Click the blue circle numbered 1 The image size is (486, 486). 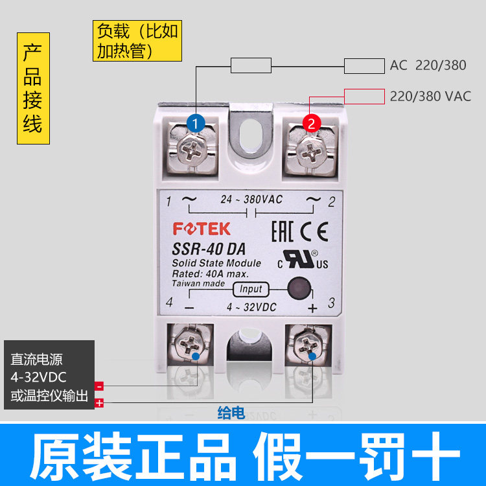tap(196, 122)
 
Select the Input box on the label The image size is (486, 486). tap(251, 290)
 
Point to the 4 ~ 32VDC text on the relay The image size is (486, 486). tap(250, 307)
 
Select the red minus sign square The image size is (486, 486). tap(99, 386)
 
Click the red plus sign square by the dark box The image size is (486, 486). tap(99, 403)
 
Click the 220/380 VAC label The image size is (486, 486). tap(430, 97)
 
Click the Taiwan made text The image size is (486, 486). tap(198, 284)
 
